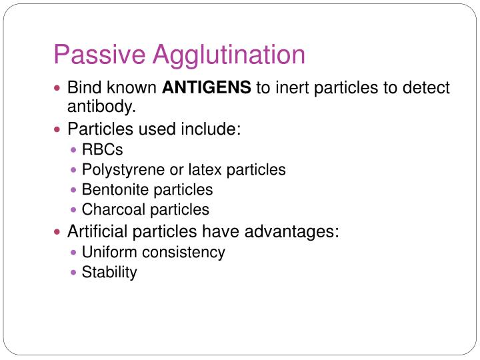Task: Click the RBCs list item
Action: coord(102,150)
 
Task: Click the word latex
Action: coord(206,170)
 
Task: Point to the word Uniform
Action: coord(107,252)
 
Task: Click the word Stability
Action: coord(109,272)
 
